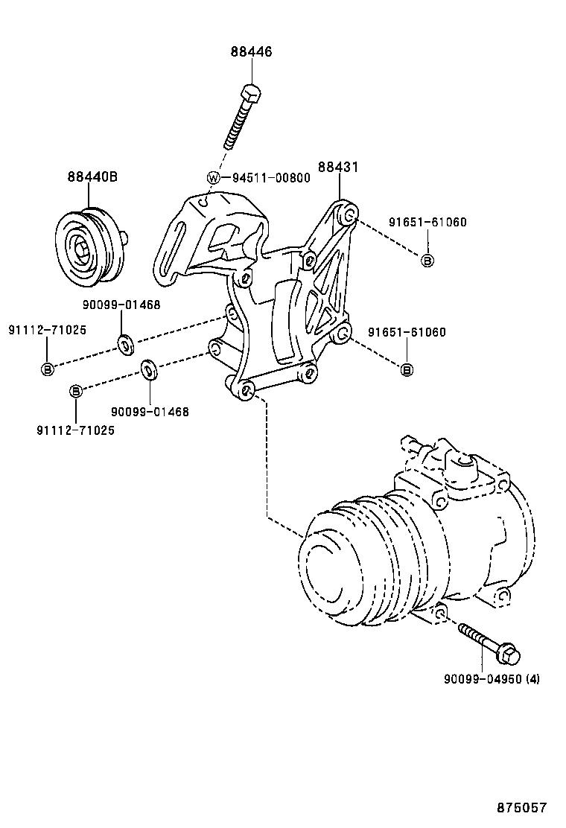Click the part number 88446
[x=251, y=52]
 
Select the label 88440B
[x=92, y=177]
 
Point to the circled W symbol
[x=213, y=178]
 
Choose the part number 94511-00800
[x=261, y=178]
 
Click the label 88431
[x=338, y=168]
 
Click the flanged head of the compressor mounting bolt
[x=509, y=655]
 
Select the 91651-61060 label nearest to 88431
[x=427, y=222]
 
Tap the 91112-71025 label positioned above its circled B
[x=47, y=329]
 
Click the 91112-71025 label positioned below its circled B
[x=75, y=430]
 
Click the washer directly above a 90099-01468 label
[x=149, y=369]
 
